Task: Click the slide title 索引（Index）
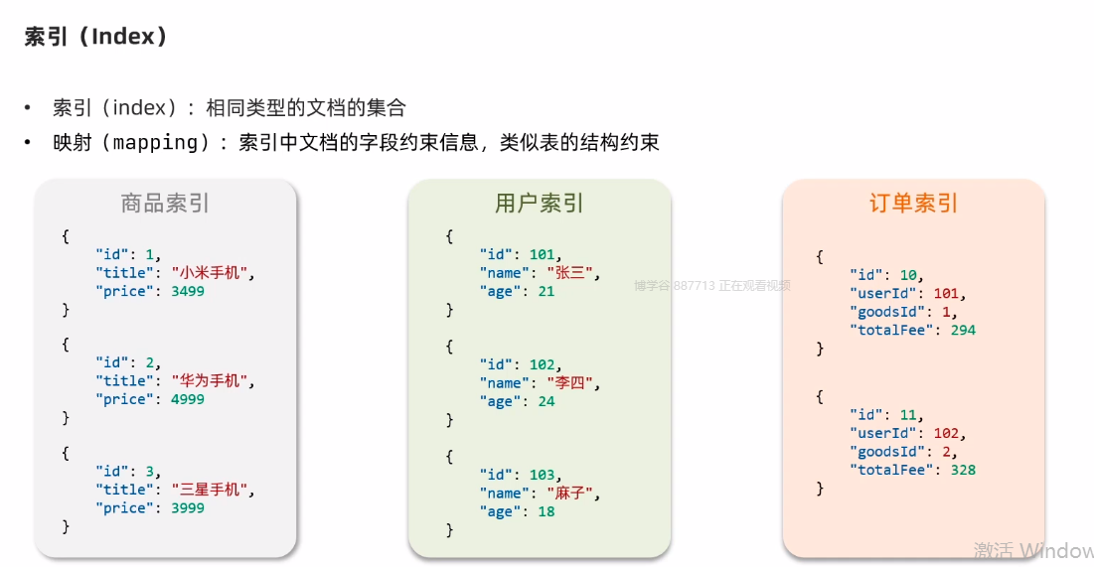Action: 95,37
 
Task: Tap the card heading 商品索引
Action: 165,204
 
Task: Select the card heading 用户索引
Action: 539,204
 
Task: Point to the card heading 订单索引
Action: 913,204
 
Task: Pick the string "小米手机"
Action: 212,273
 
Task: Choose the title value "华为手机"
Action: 212,381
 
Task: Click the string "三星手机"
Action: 212,490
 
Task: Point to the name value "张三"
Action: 571,273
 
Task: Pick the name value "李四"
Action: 571,383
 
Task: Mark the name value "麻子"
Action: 571,494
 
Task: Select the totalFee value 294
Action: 963,330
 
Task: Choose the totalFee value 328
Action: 963,470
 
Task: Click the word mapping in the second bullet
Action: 155,142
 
